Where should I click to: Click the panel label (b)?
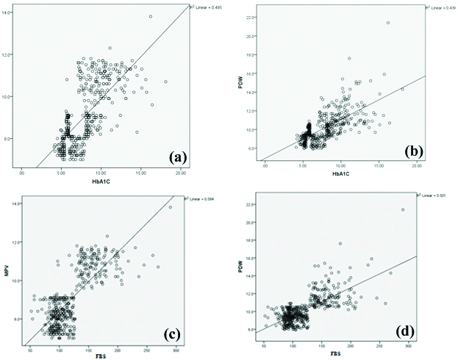coord(416,152)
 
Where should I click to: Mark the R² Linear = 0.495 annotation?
coord(207,7)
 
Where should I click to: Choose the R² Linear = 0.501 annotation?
coord(436,195)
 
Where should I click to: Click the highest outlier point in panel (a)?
coord(150,16)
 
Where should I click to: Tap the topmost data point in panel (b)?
coord(387,23)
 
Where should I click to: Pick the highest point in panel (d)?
coord(403,209)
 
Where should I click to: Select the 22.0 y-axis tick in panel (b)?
coord(251,17)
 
